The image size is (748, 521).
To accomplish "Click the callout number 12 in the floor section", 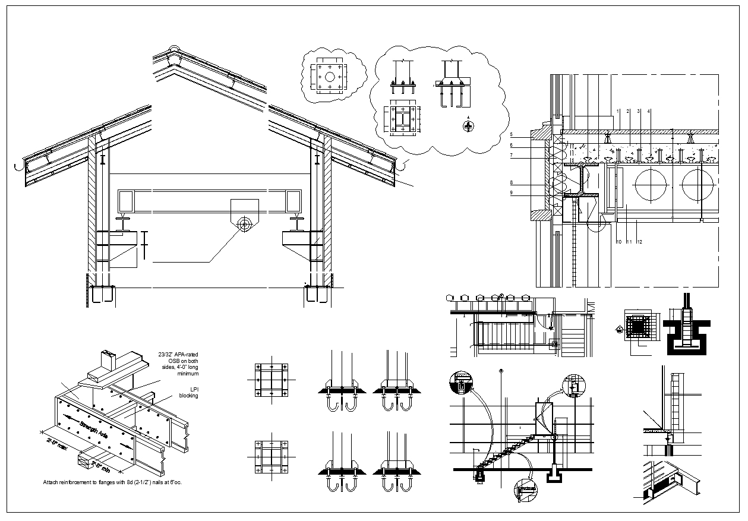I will (639, 242).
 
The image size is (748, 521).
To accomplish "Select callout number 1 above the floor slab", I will (618, 111).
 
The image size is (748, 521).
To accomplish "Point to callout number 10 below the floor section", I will (618, 242).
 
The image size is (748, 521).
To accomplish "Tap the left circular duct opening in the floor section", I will (652, 185).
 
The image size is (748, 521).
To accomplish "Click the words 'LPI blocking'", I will (190, 393).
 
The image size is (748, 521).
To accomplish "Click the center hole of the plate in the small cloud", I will (330, 77).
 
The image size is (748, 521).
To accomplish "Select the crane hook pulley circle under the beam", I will (244, 225).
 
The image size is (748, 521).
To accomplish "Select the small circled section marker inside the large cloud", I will (469, 126).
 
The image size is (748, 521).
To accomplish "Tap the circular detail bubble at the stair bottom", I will (525, 490).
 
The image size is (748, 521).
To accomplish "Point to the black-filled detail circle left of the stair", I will (462, 382).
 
